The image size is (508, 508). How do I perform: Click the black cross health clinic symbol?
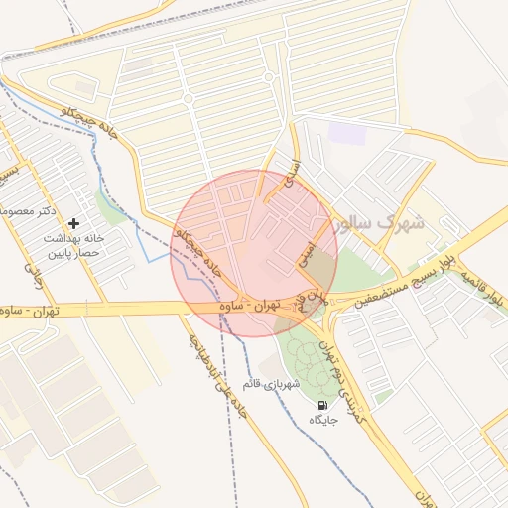[x=74, y=224]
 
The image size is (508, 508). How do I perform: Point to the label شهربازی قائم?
[x=271, y=383]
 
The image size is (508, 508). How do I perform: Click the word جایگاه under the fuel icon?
[x=324, y=420]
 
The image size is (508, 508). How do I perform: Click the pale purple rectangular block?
[x=346, y=132]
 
